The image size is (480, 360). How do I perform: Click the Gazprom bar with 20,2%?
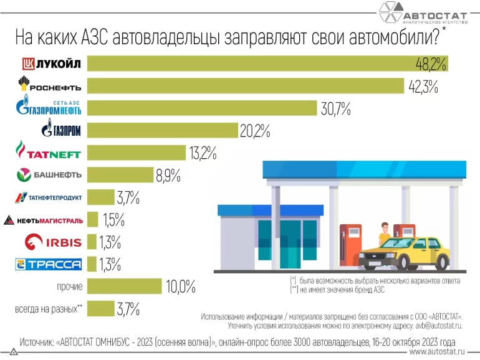(x=162, y=131)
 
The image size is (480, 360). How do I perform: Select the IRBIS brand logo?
(x=53, y=242)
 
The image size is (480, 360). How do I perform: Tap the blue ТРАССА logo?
(x=49, y=265)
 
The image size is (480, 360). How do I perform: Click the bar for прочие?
(x=125, y=287)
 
